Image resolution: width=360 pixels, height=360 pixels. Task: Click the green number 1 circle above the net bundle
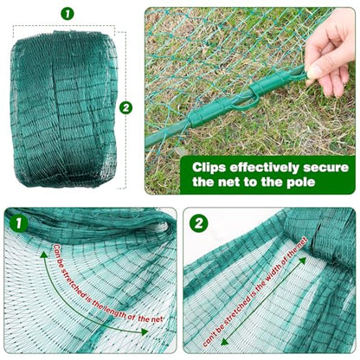pyautogui.click(x=67, y=14)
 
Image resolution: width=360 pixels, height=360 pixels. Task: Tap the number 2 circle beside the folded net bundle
pyautogui.click(x=125, y=108)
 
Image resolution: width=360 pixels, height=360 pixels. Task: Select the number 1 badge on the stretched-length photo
pyautogui.click(x=19, y=223)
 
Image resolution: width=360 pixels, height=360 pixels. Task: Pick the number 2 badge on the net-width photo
pyautogui.click(x=199, y=223)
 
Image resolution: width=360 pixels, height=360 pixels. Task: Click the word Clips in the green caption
pyautogui.click(x=209, y=168)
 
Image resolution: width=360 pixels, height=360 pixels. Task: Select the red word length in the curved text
pyautogui.click(x=118, y=312)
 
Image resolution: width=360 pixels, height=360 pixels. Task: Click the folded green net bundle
pyautogui.click(x=64, y=109)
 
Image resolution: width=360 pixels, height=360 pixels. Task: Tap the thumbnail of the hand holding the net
pyautogui.click(x=250, y=100)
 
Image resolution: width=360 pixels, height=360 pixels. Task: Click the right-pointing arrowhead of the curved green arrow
pyautogui.click(x=145, y=331)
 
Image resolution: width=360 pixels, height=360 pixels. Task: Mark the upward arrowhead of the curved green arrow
pyautogui.click(x=43, y=254)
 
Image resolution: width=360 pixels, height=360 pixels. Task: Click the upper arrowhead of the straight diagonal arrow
pyautogui.click(x=302, y=260)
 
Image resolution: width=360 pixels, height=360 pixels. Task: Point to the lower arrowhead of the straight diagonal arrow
pyautogui.click(x=224, y=342)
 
